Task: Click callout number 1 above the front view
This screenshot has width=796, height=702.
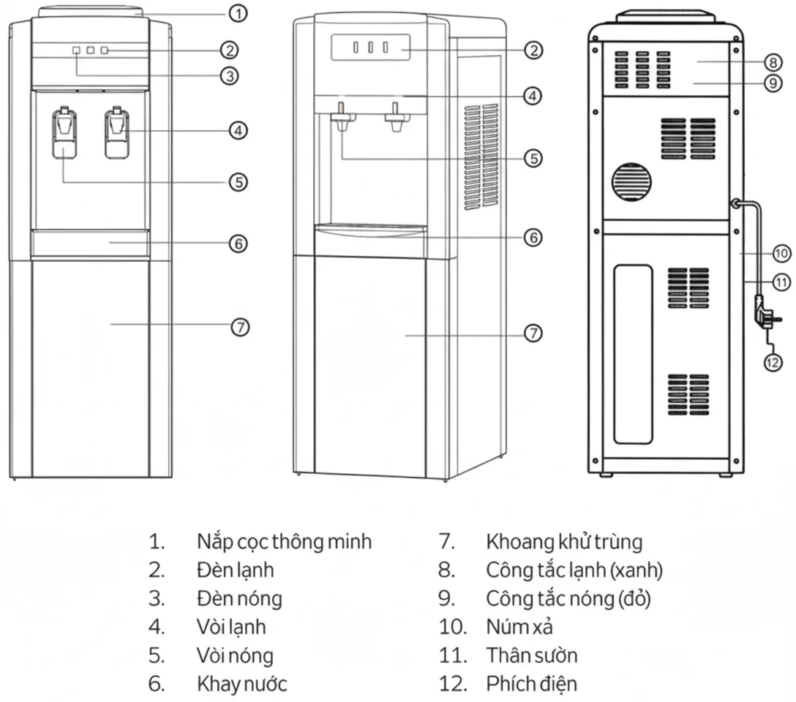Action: (238, 13)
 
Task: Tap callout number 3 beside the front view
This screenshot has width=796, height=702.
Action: (230, 76)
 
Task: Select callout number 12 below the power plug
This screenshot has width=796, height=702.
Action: (773, 363)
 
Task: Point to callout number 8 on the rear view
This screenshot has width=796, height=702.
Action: (773, 62)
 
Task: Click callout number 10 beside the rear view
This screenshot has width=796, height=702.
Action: (782, 253)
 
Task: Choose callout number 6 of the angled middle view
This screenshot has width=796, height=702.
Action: (533, 238)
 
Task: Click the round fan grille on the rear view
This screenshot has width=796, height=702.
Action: (631, 182)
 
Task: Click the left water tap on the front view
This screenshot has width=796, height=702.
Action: (64, 132)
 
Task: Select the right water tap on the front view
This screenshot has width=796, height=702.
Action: (117, 132)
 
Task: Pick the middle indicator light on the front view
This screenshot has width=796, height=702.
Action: (91, 50)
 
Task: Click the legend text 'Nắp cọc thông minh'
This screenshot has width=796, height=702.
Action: (285, 542)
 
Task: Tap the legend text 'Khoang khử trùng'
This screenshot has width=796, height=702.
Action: (564, 542)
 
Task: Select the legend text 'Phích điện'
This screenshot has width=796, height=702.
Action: (531, 684)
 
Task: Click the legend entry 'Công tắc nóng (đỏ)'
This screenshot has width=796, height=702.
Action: (568, 598)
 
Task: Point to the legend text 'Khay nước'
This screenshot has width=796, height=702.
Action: (242, 684)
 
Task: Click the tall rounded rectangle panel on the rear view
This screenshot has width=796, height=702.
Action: (633, 354)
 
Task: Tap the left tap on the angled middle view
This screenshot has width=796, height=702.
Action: (342, 117)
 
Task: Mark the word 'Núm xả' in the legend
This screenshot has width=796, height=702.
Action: (519, 627)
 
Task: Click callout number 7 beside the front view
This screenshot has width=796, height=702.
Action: (240, 327)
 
